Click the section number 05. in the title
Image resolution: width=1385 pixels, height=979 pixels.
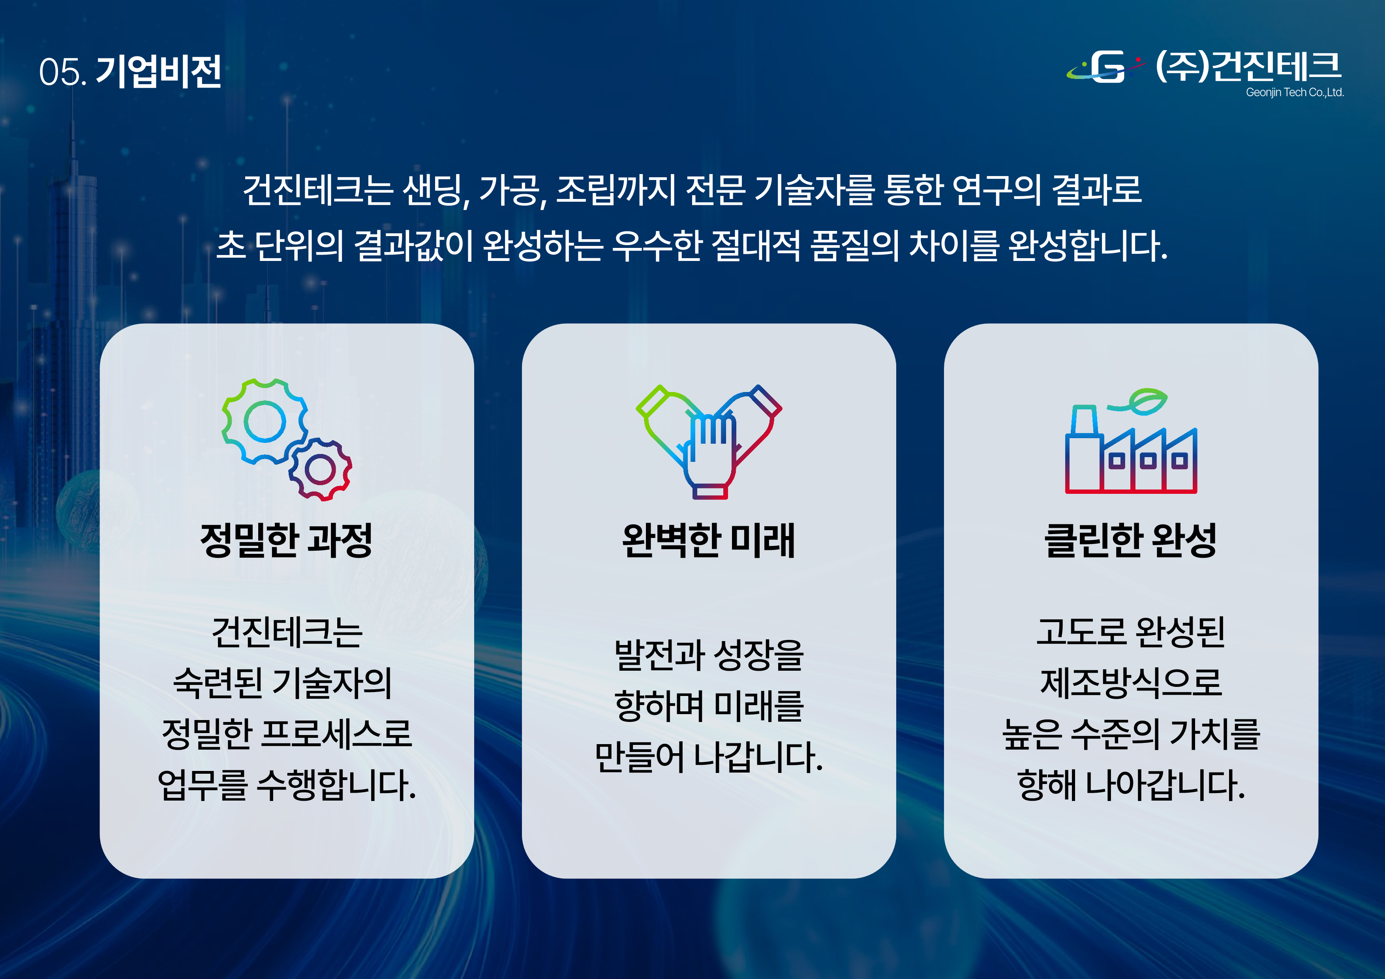tap(63, 72)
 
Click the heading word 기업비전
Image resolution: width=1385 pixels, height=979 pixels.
tap(159, 71)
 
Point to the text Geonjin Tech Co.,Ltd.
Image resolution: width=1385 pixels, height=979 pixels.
tap(1295, 92)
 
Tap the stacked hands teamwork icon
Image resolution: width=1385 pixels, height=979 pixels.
tap(709, 442)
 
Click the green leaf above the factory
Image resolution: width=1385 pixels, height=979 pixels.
tap(1146, 402)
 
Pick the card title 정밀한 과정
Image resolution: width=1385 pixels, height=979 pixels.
tap(287, 540)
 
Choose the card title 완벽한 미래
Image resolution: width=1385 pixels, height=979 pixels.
tap(709, 540)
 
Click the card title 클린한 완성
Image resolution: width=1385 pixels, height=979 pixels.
tap(1130, 540)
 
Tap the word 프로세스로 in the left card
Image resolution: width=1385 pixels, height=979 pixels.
tap(337, 734)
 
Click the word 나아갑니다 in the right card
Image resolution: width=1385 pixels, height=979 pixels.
tap(1165, 786)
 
